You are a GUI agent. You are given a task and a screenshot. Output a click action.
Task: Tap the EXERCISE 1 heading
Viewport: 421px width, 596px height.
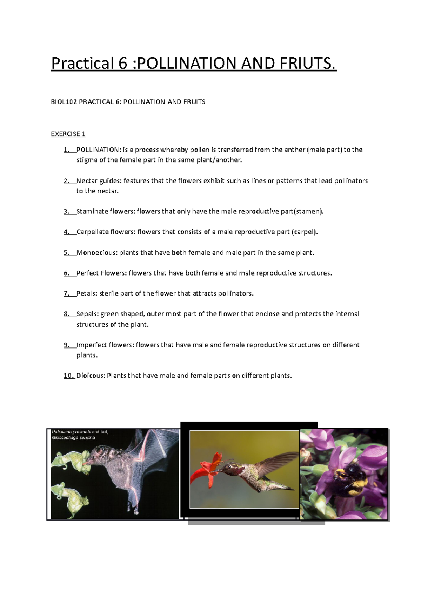coord(68,134)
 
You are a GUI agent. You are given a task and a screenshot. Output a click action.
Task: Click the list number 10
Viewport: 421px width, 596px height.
coord(69,376)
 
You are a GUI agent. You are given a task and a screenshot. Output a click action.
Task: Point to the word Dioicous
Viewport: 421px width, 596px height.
coord(91,376)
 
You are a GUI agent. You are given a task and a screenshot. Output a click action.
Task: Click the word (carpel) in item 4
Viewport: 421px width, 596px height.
coord(305,232)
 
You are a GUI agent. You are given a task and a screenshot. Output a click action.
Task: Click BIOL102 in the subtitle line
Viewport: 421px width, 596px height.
coord(64,102)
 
